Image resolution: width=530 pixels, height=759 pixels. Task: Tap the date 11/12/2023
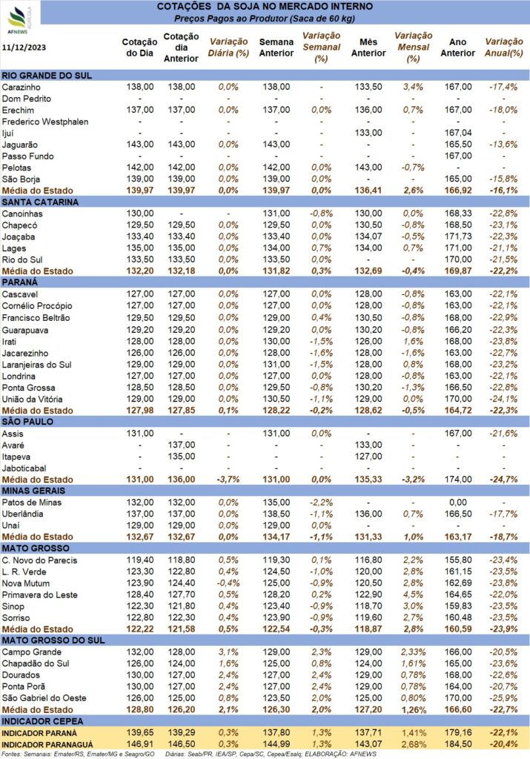click(24, 47)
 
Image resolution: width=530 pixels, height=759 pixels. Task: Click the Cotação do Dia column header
click(139, 47)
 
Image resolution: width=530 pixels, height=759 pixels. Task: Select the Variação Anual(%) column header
click(504, 47)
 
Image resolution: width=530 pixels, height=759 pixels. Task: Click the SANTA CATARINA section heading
click(40, 202)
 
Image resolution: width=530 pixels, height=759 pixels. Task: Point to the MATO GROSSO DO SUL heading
click(53, 640)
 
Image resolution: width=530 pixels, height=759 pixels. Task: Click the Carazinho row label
click(21, 87)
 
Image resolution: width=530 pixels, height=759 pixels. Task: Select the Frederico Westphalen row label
click(45, 122)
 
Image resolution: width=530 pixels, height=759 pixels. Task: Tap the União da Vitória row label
click(32, 400)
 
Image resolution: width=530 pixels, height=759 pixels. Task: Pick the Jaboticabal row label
click(24, 468)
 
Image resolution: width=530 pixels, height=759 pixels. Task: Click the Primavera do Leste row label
click(40, 595)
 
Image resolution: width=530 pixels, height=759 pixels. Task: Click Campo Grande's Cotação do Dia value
click(140, 652)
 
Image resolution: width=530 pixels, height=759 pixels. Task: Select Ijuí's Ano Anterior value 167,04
click(458, 133)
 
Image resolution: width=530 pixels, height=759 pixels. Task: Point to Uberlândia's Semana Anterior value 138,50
click(276, 514)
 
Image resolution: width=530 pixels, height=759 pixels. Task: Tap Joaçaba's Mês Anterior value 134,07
click(368, 236)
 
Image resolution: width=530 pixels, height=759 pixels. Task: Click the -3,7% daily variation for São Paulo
click(228, 480)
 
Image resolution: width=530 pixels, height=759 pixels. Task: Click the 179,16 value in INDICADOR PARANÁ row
click(458, 733)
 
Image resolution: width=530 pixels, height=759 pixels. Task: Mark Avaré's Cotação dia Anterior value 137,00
click(182, 445)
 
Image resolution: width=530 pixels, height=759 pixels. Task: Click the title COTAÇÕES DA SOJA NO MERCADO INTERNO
click(265, 7)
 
